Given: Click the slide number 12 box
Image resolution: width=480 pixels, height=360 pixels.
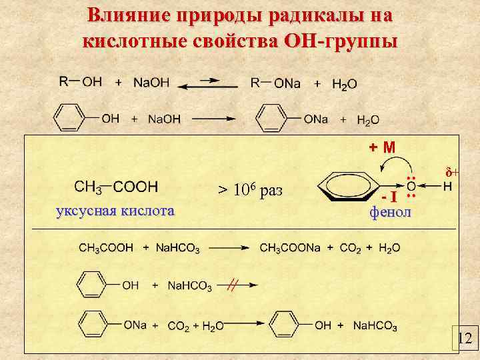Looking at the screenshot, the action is (x=464, y=339).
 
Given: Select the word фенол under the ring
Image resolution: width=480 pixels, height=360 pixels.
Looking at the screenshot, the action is (x=391, y=212).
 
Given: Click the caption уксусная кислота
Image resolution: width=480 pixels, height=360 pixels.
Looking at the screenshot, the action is (x=115, y=212).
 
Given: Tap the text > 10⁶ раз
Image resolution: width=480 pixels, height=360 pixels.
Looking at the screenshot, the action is (x=251, y=191).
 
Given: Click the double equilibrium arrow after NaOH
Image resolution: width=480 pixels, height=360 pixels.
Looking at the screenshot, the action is (x=211, y=83).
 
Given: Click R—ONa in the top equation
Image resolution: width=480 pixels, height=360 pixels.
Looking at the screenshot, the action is (x=275, y=83).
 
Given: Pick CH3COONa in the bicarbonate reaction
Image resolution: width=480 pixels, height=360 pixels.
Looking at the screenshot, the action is (x=290, y=248).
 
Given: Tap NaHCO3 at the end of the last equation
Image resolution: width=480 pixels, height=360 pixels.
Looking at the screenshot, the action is (x=375, y=326).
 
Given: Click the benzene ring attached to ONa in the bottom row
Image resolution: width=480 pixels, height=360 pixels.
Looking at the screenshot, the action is (x=93, y=325).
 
